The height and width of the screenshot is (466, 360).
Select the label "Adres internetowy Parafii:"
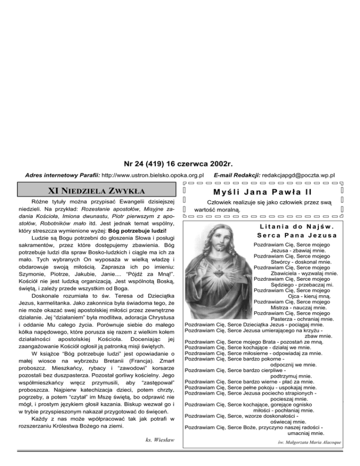(62, 175)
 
